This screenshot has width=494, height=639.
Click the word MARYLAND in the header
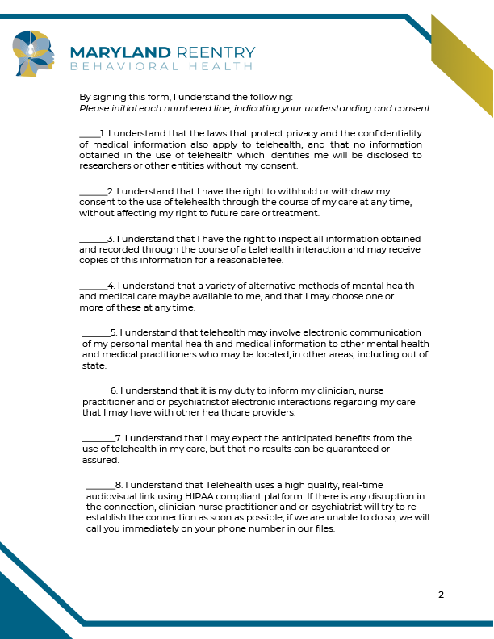[120, 52]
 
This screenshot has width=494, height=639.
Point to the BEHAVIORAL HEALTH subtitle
[162, 65]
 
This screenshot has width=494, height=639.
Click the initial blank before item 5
[96, 334]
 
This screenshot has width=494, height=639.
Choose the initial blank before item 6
[96, 392]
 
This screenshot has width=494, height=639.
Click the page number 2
[441, 595]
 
